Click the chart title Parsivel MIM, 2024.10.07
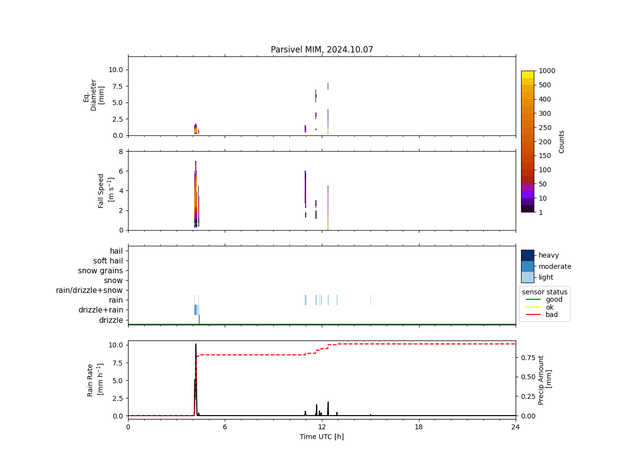322,50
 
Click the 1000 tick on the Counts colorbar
547,71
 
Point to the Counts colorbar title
562,141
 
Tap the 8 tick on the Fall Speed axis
119,151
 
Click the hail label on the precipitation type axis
116,251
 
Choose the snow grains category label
101,271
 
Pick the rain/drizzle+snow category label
89,290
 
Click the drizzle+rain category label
101,310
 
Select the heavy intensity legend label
549,255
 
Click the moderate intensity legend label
555,266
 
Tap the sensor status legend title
545,292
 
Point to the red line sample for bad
532,314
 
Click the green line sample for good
532,299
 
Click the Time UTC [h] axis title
322,437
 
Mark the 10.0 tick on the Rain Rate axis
115,345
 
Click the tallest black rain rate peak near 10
196,344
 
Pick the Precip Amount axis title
545,380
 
